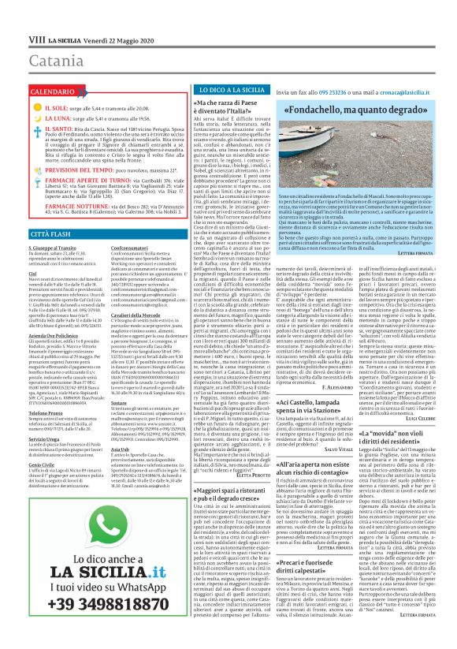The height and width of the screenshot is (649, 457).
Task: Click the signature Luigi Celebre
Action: click(x=419, y=419)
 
